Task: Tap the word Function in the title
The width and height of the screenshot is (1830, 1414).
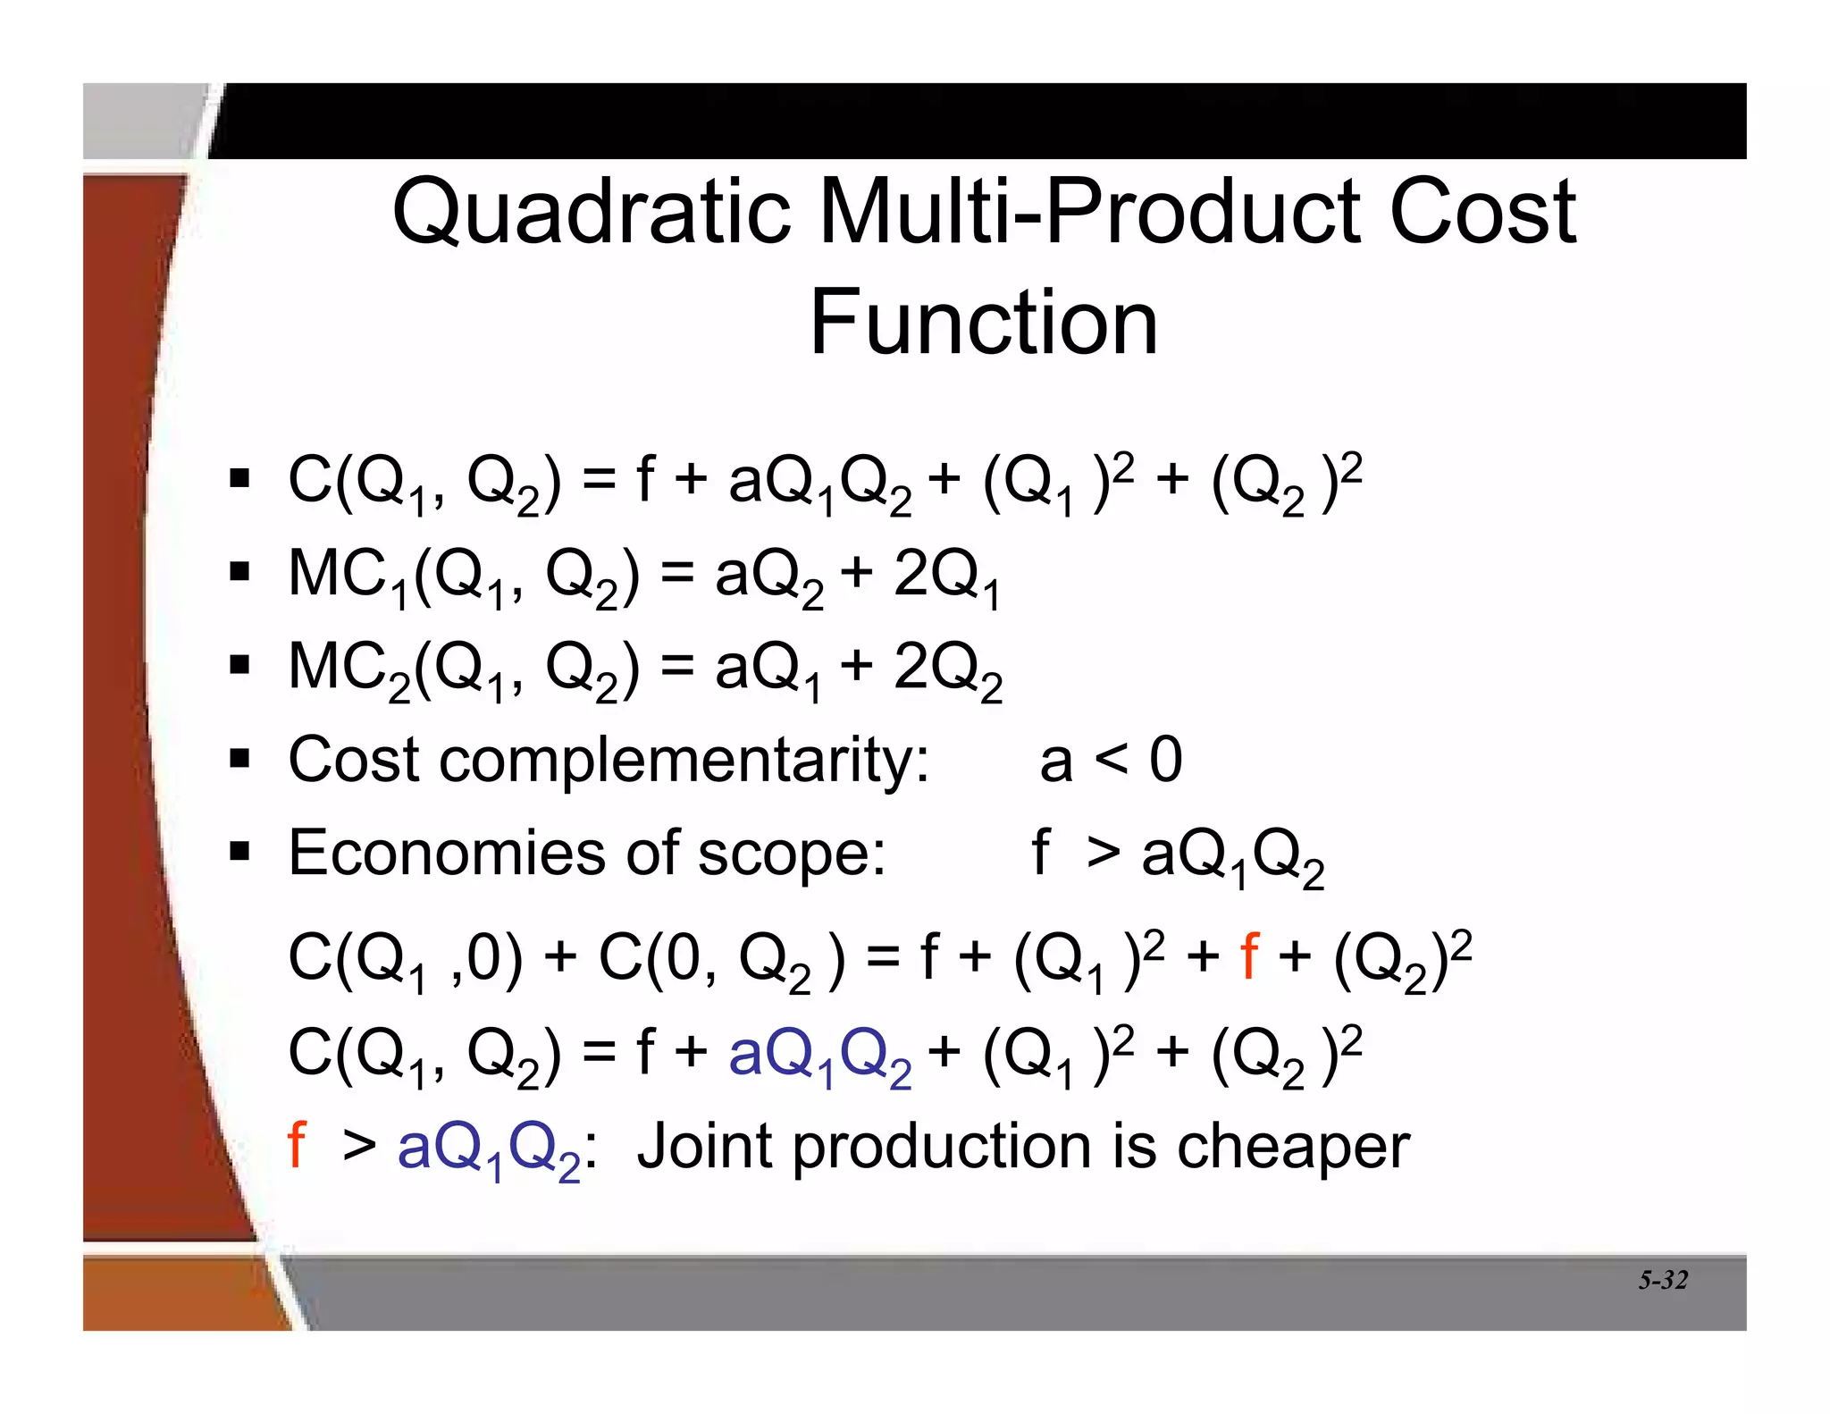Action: click(x=983, y=323)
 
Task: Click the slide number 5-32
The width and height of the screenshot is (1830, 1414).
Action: click(x=1662, y=1281)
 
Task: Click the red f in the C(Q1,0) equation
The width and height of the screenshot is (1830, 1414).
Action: click(x=1250, y=957)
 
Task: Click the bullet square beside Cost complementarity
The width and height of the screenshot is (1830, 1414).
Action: click(x=239, y=761)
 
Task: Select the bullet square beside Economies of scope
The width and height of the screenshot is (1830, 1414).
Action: click(x=239, y=853)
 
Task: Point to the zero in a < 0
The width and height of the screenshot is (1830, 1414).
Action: click(x=1165, y=761)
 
